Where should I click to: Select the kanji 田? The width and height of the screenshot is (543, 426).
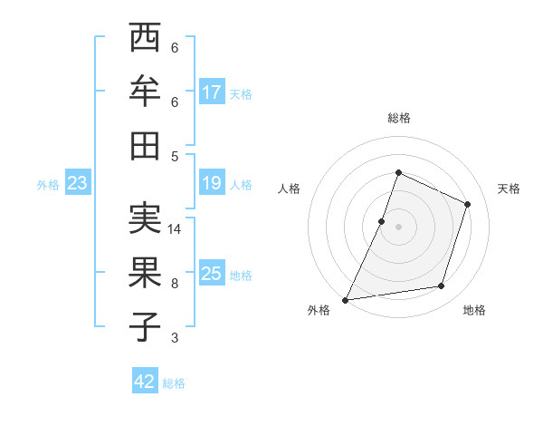click(x=146, y=144)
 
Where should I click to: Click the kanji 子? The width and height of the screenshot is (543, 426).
click(x=146, y=325)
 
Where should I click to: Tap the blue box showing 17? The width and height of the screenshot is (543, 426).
click(x=212, y=92)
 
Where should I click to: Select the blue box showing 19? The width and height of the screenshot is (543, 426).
click(x=212, y=184)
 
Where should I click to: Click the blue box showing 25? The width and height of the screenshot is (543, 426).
click(x=212, y=274)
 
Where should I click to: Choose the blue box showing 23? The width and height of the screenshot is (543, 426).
click(x=78, y=184)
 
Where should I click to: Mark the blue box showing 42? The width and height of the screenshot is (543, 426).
click(x=145, y=382)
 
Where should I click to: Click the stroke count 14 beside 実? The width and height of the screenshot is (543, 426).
click(x=175, y=229)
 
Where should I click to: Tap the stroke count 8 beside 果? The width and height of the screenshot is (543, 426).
click(x=175, y=283)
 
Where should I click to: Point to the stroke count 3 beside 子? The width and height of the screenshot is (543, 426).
click(x=175, y=338)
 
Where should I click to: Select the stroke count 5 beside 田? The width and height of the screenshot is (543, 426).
click(x=175, y=156)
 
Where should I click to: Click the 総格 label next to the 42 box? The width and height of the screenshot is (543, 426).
click(x=174, y=383)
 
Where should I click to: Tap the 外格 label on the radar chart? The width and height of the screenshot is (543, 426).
click(x=319, y=310)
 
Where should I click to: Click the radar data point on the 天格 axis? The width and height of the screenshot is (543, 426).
click(x=468, y=204)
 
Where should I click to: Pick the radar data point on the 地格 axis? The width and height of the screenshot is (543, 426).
click(x=442, y=286)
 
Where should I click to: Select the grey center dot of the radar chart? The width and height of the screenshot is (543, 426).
click(x=398, y=227)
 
